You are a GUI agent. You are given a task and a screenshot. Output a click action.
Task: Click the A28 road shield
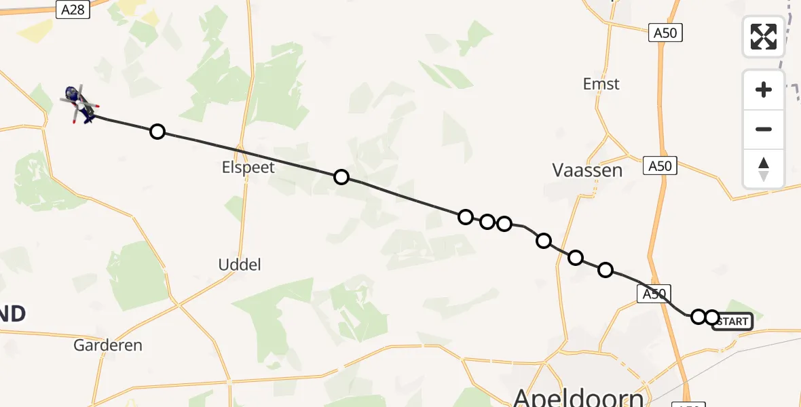pyautogui.click(x=73, y=9)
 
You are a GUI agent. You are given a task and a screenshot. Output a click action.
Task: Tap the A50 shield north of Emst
pyautogui.click(x=665, y=32)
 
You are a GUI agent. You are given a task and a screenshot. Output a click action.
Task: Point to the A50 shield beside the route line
pyautogui.click(x=654, y=293)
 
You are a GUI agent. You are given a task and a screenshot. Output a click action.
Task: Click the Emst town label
pyautogui.click(x=601, y=84)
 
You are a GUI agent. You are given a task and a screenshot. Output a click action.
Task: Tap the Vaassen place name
pyautogui.click(x=587, y=170)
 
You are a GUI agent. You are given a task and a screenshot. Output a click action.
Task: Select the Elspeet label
pyautogui.click(x=248, y=167)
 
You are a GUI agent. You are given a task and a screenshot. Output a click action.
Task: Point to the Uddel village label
pyautogui.click(x=240, y=265)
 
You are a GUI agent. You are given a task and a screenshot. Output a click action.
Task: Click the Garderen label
pyautogui.click(x=109, y=345)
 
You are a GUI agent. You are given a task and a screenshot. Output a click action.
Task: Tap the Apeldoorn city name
pyautogui.click(x=578, y=397)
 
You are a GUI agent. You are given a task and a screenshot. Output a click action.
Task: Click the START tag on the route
pyautogui.click(x=733, y=321)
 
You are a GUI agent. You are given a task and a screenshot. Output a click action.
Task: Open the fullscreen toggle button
pyautogui.click(x=764, y=37)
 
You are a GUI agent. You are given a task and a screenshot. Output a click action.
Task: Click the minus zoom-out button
pyautogui.click(x=764, y=129)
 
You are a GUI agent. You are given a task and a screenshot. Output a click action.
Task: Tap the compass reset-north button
pyautogui.click(x=764, y=169)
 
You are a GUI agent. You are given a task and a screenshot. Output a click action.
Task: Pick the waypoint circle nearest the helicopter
pyautogui.click(x=157, y=132)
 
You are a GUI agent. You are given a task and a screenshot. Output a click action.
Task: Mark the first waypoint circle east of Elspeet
pyautogui.click(x=341, y=177)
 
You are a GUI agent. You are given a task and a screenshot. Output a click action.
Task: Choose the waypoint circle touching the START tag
pyautogui.click(x=711, y=317)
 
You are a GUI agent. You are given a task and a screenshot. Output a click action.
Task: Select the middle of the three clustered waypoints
pyautogui.click(x=487, y=222)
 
